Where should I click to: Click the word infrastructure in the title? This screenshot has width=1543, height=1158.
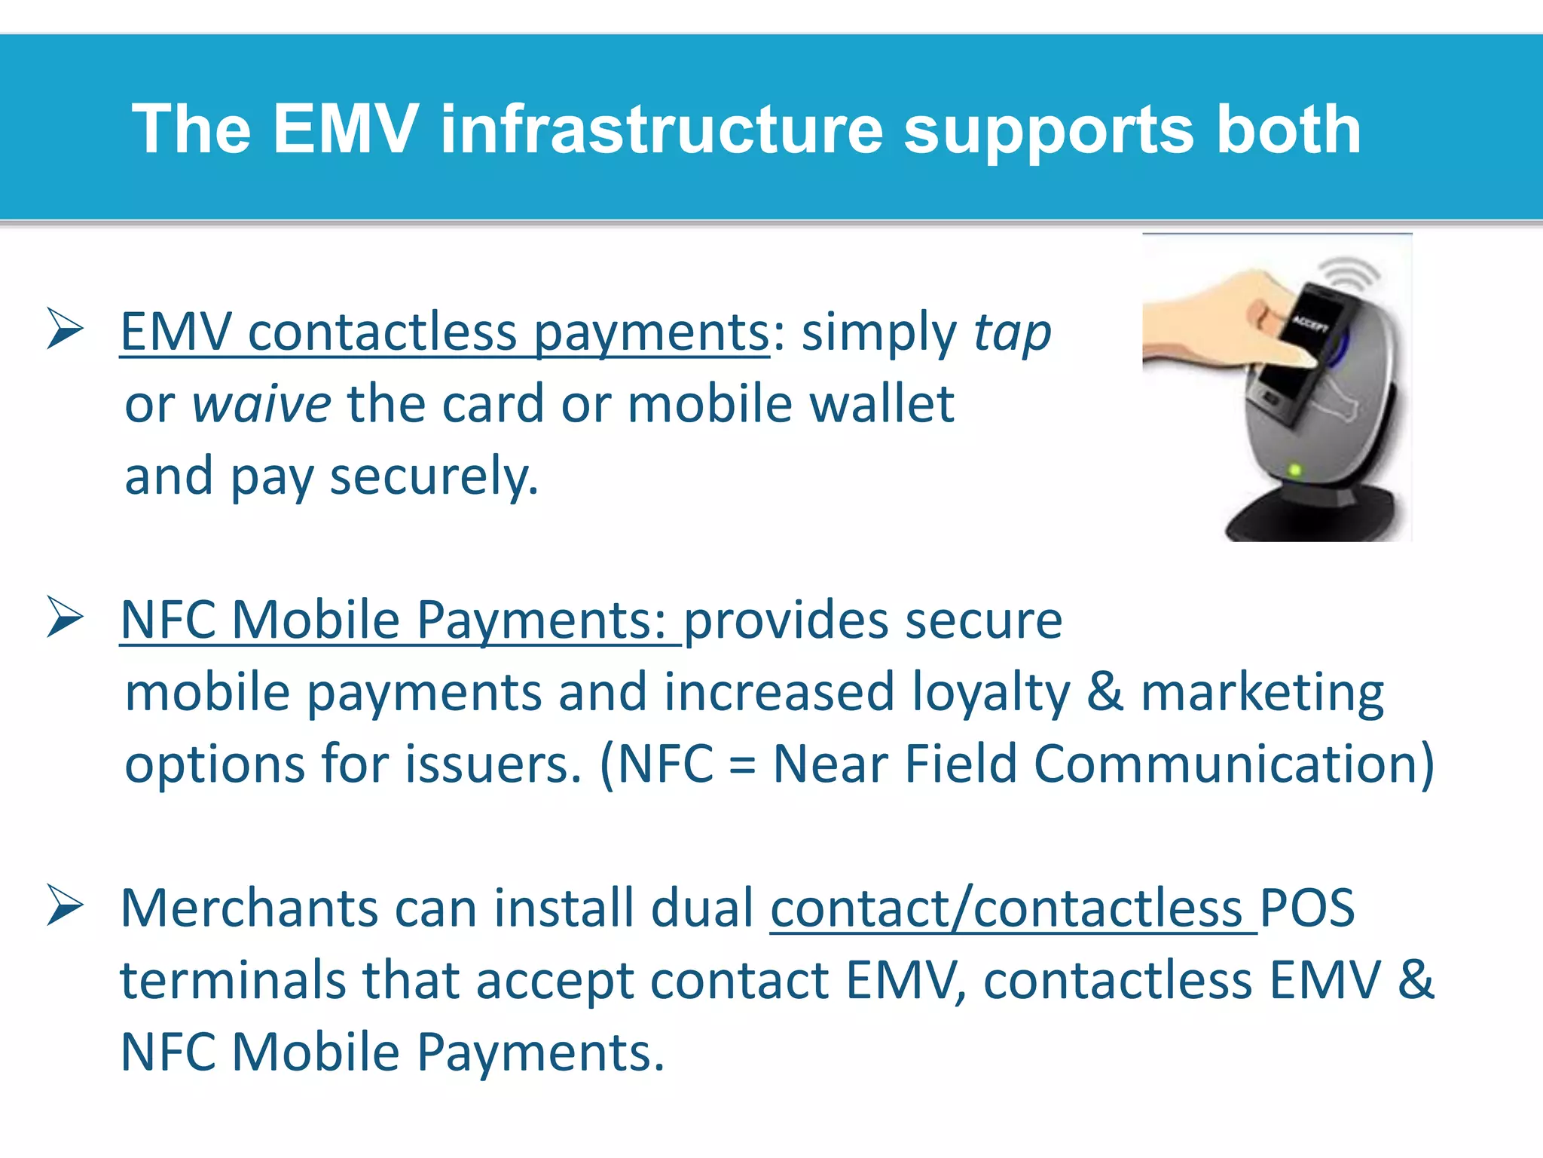[x=661, y=130]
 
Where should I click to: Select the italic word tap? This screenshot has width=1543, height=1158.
[x=1012, y=333]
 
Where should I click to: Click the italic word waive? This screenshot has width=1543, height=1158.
[x=261, y=404]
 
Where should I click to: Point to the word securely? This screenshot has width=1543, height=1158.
[x=434, y=476]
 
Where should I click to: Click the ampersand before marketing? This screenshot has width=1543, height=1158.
[x=1105, y=692]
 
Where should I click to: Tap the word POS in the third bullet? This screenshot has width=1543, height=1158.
[x=1307, y=908]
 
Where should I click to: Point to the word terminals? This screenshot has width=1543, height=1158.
[x=232, y=981]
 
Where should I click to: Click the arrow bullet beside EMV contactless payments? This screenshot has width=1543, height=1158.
[x=65, y=329]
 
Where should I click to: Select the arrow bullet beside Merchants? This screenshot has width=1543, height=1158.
[x=65, y=905]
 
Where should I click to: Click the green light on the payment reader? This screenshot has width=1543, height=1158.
[x=1295, y=471]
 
